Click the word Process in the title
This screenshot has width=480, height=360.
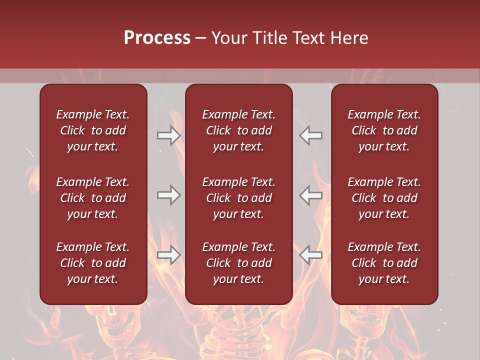pyautogui.click(x=157, y=38)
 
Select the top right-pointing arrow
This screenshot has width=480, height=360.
pyautogui.click(x=168, y=135)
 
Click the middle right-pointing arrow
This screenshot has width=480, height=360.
pyautogui.click(x=168, y=195)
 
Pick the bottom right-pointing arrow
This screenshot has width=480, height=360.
pyautogui.click(x=168, y=255)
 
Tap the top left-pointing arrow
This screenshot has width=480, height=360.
pyautogui.click(x=311, y=135)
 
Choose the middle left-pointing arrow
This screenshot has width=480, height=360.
pyautogui.click(x=311, y=195)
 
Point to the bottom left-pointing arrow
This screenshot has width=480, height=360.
pyautogui.click(x=311, y=255)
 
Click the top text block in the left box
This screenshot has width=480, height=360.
pyautogui.click(x=93, y=130)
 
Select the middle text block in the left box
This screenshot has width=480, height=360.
pyautogui.click(x=93, y=198)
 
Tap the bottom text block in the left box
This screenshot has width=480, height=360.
pyautogui.click(x=93, y=263)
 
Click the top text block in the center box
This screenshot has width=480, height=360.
pyautogui.click(x=239, y=130)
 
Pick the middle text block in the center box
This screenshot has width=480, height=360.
pyautogui.click(x=239, y=198)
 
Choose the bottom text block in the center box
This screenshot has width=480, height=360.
pyautogui.click(x=239, y=263)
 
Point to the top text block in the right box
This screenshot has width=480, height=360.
pyautogui.click(x=384, y=130)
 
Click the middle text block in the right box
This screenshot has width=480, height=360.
pyautogui.click(x=384, y=198)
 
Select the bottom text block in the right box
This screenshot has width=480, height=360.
pyautogui.click(x=384, y=263)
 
